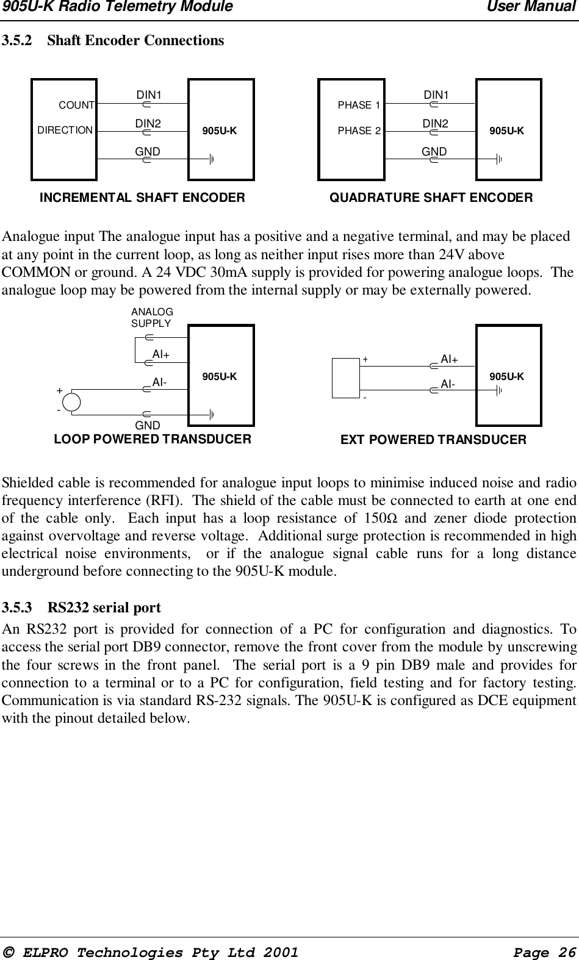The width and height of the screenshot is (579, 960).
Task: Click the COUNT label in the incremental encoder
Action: (x=76, y=106)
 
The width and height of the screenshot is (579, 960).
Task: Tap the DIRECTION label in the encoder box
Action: (x=65, y=131)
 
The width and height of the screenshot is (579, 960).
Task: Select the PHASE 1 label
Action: (x=359, y=106)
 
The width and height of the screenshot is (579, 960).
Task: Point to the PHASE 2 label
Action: (x=359, y=131)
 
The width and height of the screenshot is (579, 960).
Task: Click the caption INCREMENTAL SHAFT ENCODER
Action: (x=142, y=198)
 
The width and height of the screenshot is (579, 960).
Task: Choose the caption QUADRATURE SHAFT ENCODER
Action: (x=431, y=198)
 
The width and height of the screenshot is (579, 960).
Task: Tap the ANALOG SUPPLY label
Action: (x=152, y=318)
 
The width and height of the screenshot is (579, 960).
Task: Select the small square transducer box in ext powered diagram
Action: (x=345, y=378)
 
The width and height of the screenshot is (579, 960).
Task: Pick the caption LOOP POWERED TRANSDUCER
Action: (x=153, y=439)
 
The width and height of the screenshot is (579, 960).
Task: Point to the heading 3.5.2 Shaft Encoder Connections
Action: (x=113, y=41)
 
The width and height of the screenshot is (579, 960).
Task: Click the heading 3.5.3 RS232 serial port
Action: (x=82, y=607)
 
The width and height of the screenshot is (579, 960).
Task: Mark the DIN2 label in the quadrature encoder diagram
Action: (x=436, y=124)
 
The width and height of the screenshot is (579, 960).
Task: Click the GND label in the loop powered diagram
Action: (x=147, y=425)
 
